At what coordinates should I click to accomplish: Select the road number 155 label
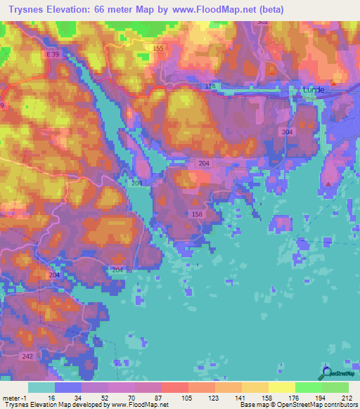[157, 48]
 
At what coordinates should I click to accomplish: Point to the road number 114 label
[208, 86]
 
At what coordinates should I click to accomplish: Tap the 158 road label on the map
[198, 214]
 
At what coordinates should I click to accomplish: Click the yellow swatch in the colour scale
[281, 387]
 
